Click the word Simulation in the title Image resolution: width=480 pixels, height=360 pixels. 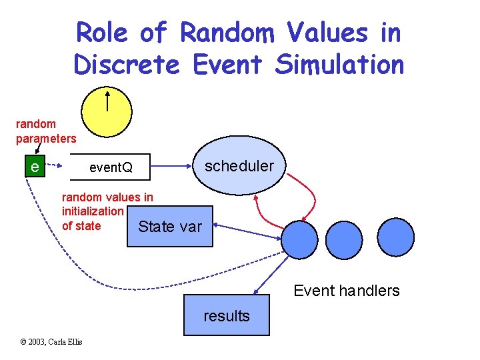[339, 65]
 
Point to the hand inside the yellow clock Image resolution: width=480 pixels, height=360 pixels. [107, 100]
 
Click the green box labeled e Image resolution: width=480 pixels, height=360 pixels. [34, 166]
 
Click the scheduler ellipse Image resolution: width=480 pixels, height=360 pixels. [239, 166]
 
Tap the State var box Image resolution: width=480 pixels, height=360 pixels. [169, 227]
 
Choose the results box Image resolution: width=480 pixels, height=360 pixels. [227, 315]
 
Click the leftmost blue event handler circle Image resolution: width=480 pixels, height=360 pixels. [299, 239]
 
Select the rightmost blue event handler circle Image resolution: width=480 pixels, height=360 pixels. [394, 239]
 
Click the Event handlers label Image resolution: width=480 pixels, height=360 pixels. [346, 291]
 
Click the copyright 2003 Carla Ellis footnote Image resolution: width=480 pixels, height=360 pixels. [51, 342]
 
